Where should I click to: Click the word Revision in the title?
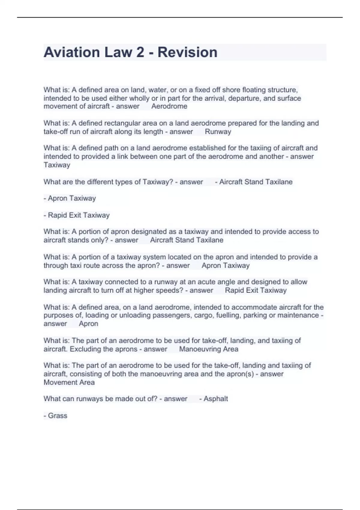click(187, 52)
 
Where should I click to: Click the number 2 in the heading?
click(140, 52)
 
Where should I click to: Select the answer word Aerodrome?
click(169, 106)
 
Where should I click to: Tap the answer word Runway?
click(218, 132)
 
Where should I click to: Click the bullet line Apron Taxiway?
click(70, 198)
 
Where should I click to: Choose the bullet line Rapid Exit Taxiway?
click(77, 215)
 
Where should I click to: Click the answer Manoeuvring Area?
click(208, 349)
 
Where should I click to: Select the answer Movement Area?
click(69, 382)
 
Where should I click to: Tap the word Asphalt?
click(216, 399)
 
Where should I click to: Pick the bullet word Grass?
click(58, 416)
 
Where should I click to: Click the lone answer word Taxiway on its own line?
click(57, 165)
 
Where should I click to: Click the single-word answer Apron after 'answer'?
click(88, 324)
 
